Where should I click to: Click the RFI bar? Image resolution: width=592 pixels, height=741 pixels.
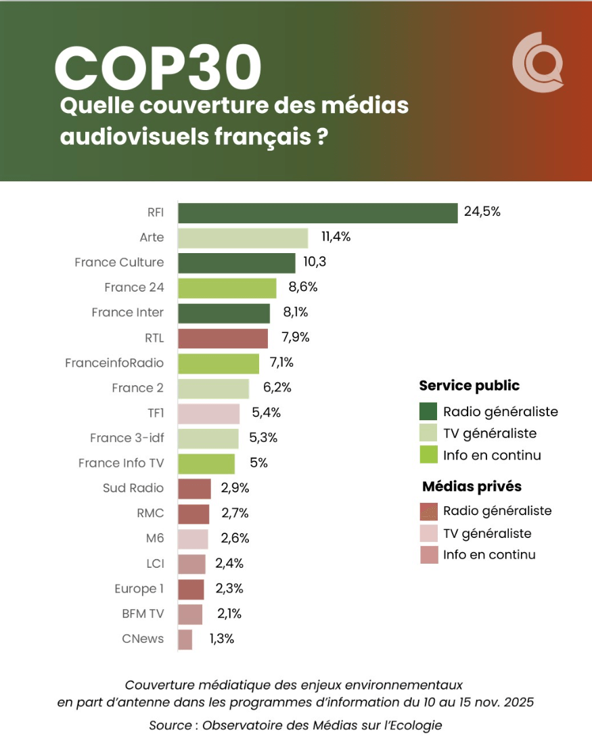click(317, 212)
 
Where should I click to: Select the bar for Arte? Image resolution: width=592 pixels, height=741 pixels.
click(242, 238)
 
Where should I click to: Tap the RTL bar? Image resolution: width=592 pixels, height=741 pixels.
click(223, 338)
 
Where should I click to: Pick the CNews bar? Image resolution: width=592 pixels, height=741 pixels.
click(185, 639)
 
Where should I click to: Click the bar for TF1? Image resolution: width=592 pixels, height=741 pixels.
click(208, 413)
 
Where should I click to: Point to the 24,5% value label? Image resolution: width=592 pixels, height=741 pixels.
click(482, 211)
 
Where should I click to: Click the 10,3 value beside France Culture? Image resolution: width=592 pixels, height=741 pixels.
click(315, 262)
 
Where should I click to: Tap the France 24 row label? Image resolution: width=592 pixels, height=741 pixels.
click(134, 288)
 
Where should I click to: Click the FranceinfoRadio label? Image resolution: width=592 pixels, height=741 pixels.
click(114, 363)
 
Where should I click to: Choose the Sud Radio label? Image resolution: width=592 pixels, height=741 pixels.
click(133, 488)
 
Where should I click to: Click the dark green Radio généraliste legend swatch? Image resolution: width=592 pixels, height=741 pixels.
click(428, 411)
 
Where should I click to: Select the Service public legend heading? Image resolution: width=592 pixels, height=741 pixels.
click(470, 386)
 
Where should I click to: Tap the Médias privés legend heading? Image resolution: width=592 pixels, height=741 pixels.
click(472, 487)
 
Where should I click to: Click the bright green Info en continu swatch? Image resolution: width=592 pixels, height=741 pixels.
click(428, 455)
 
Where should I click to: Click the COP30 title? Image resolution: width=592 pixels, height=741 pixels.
click(158, 68)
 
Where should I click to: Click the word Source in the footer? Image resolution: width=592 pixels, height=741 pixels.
click(170, 725)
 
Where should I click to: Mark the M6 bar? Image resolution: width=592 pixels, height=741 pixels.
click(193, 539)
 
